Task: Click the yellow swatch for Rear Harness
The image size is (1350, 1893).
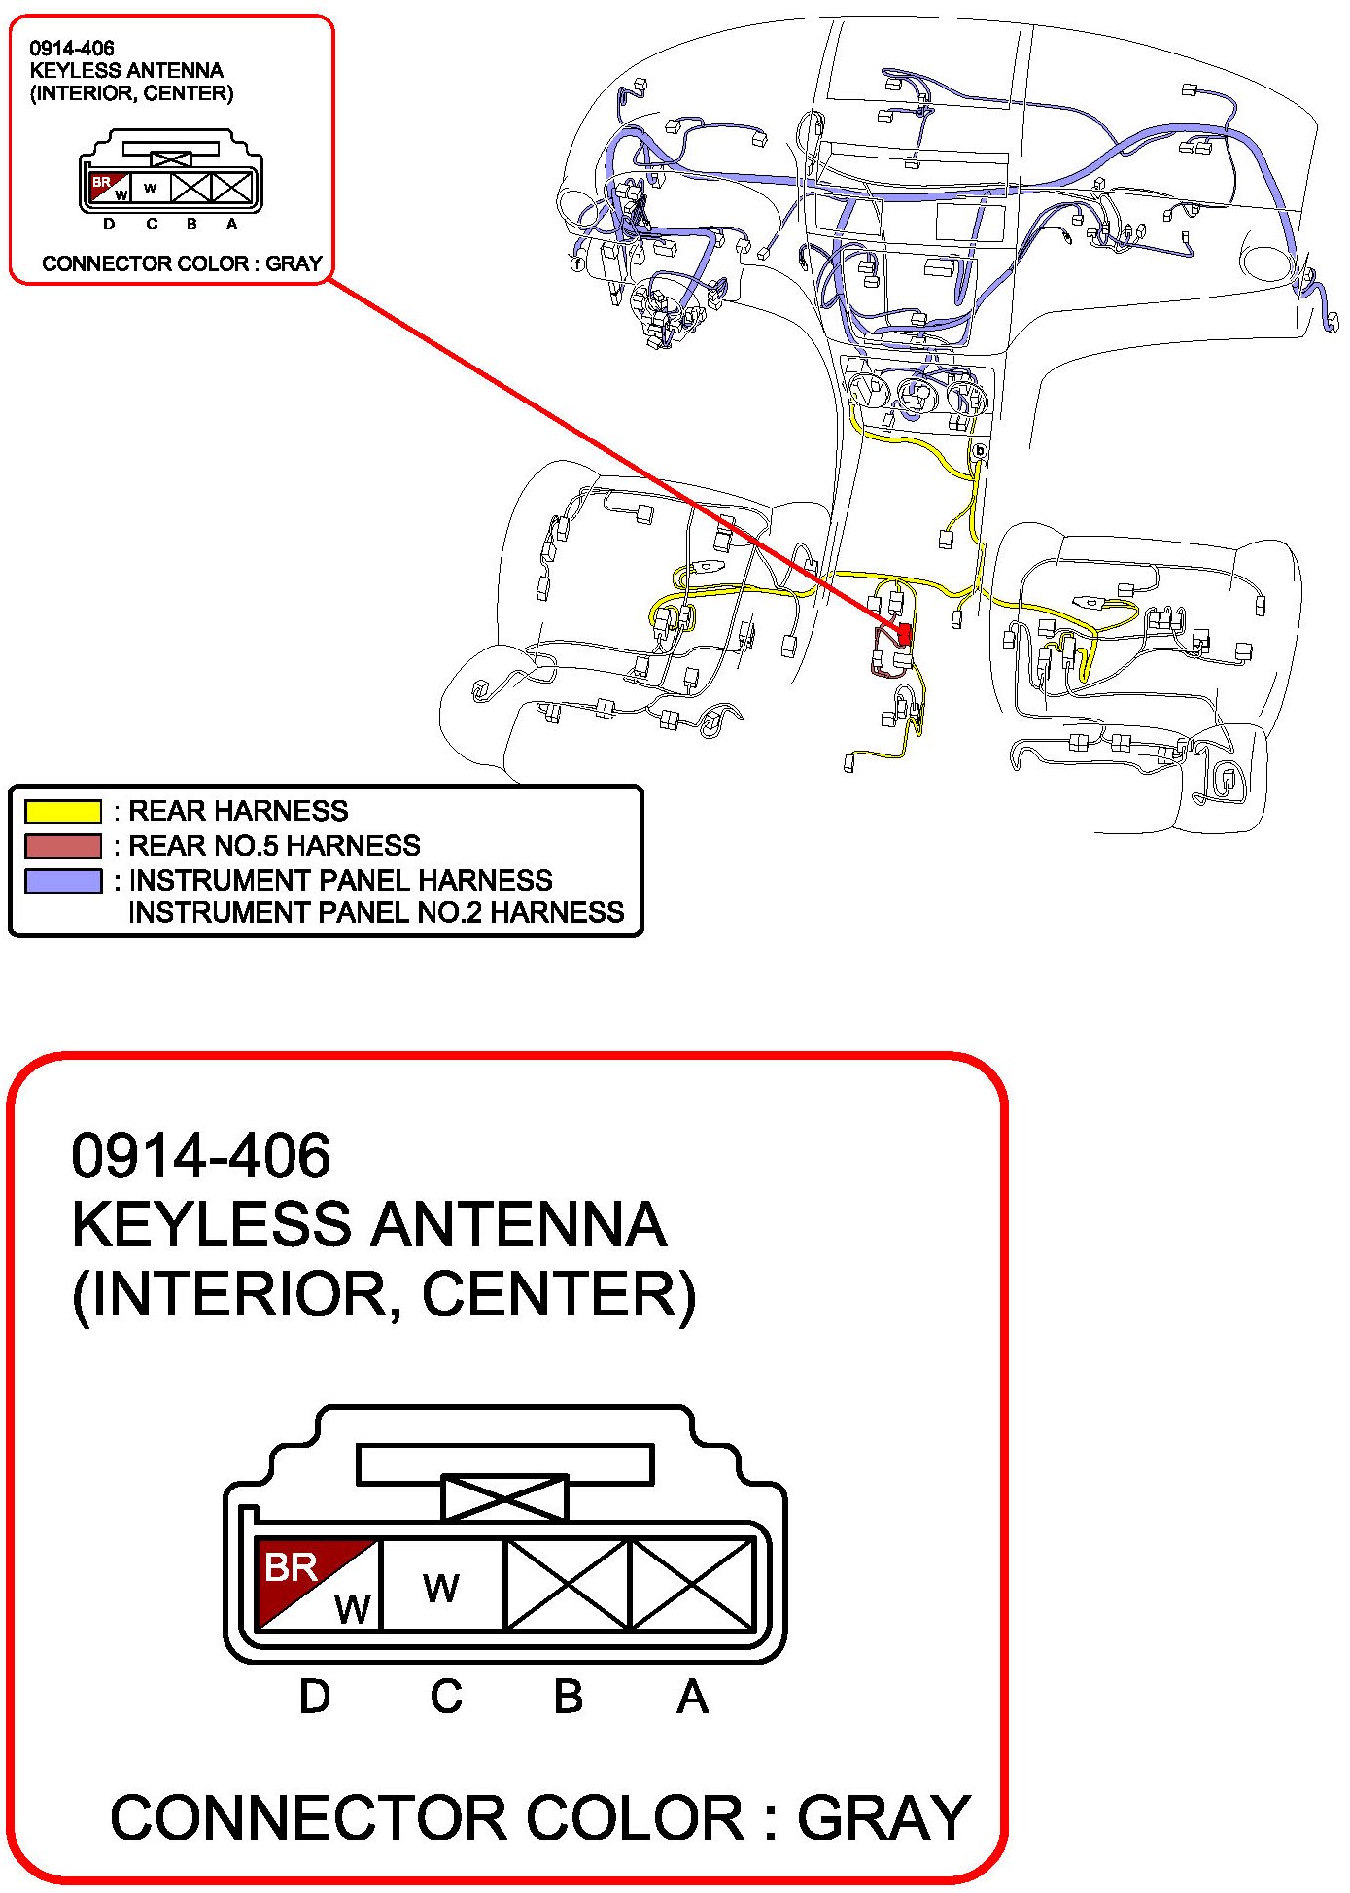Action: coord(63,811)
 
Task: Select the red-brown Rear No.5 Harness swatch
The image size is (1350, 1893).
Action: coord(63,845)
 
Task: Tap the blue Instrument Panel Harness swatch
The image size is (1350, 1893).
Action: coord(63,880)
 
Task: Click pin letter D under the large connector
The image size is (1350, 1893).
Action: coord(314,1697)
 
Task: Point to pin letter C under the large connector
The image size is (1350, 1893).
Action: coord(446,1697)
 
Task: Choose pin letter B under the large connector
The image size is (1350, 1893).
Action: coord(569,1697)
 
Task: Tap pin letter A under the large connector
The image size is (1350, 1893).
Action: coord(692,1697)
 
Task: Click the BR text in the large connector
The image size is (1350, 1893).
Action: coord(291,1567)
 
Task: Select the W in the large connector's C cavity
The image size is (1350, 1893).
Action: coord(441,1588)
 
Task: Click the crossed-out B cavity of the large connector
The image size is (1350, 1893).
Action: coord(569,1585)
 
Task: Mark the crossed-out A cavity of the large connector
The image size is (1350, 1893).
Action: coord(693,1585)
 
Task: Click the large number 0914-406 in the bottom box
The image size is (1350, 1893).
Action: coord(201,1155)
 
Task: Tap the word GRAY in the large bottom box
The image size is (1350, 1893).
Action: coord(883,1817)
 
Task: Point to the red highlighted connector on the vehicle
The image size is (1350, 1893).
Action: coord(904,634)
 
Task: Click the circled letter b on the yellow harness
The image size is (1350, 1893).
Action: coord(980,451)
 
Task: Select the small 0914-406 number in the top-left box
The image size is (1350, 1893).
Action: coord(72,48)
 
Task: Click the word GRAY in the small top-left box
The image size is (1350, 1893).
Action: coord(294,263)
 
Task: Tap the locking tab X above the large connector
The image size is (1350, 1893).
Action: coord(504,1497)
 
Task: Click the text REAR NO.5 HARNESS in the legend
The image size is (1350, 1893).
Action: coord(274,845)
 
